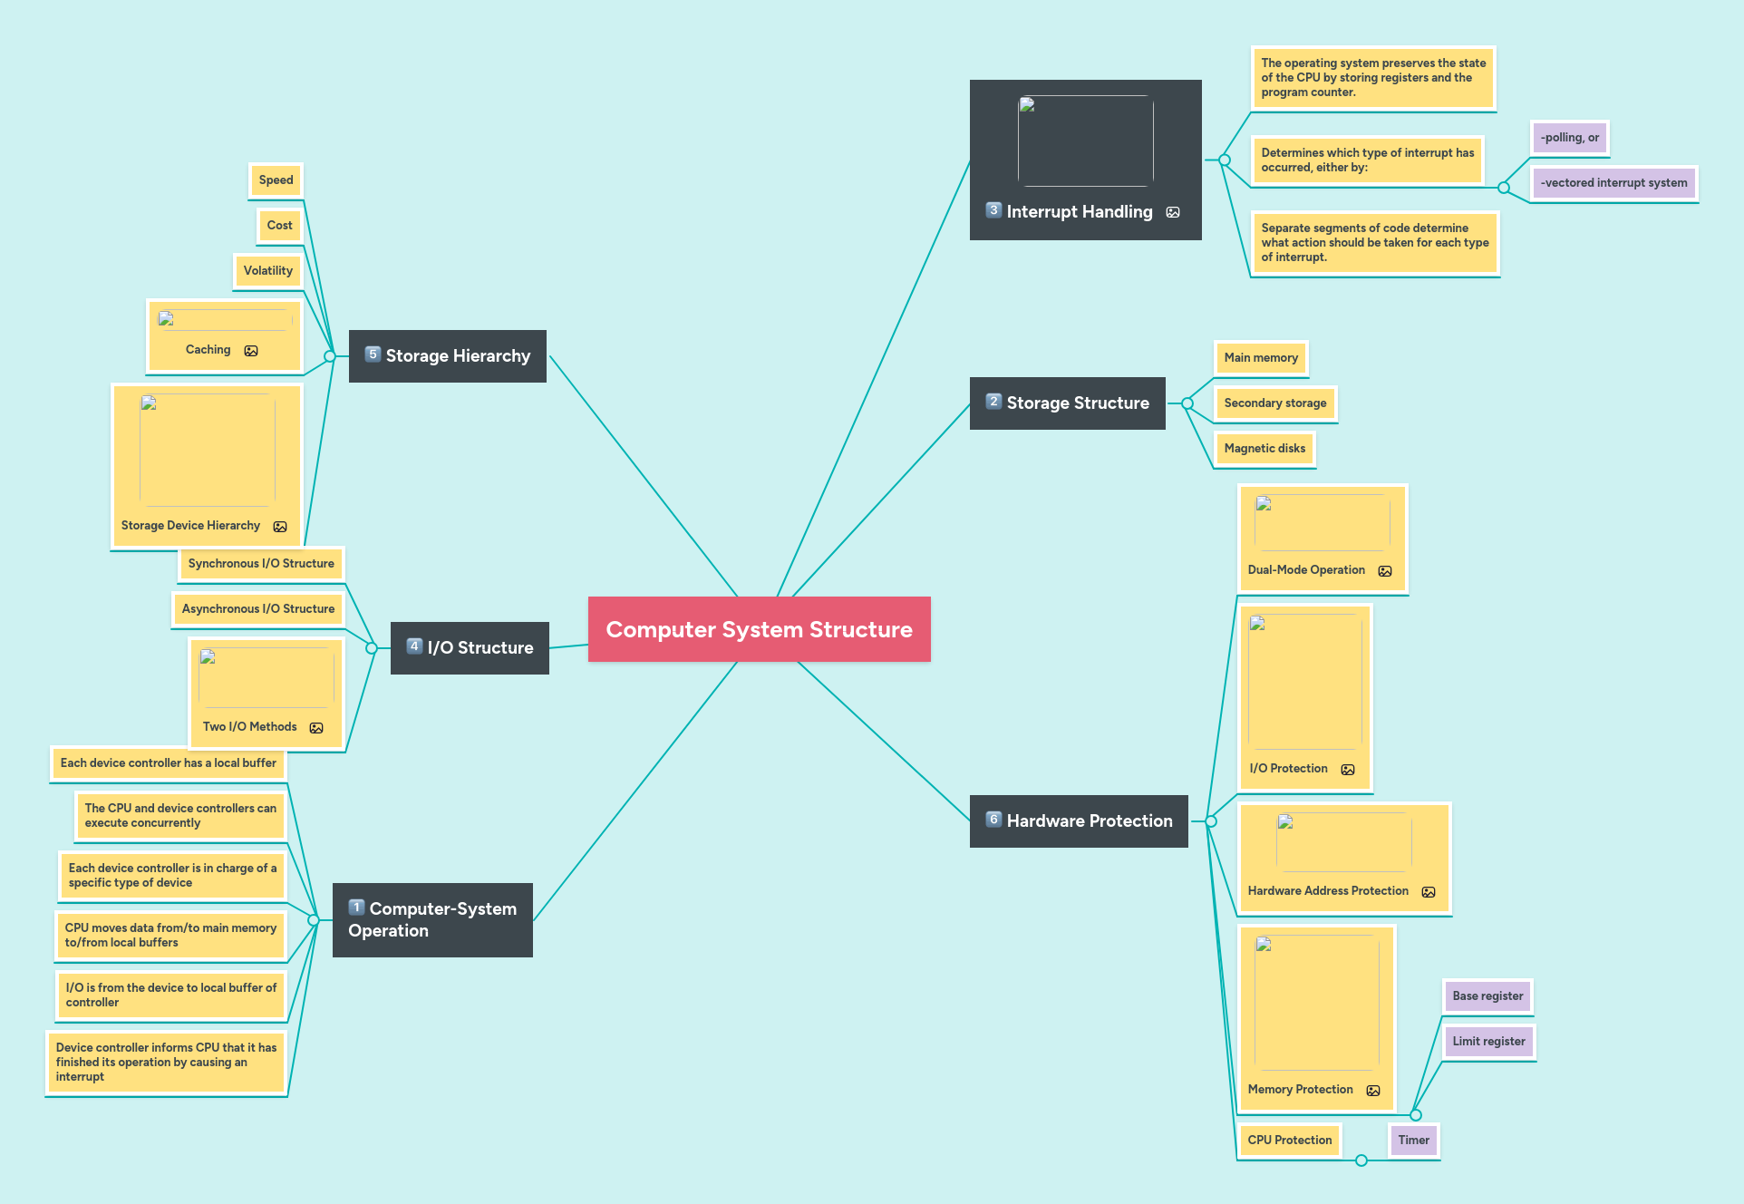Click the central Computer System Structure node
[x=759, y=629]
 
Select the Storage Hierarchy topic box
[x=448, y=356]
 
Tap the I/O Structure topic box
[x=470, y=647]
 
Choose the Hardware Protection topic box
[x=1079, y=820]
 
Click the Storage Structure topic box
[x=1068, y=403]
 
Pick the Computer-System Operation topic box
[x=432, y=919]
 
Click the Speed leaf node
[x=276, y=180]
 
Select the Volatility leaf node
[x=267, y=271]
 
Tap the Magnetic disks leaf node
[x=1264, y=449]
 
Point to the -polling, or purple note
[x=1569, y=138]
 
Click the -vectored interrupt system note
[x=1613, y=183]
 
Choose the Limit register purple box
[x=1488, y=1042]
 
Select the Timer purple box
[x=1413, y=1141]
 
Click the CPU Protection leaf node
[x=1289, y=1141]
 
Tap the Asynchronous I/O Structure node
[x=258, y=609]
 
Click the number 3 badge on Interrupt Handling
[x=993, y=210]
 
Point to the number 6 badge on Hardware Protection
[x=993, y=820]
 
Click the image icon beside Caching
[x=251, y=351]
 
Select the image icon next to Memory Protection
[x=1373, y=1091]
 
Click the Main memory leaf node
[x=1261, y=358]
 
